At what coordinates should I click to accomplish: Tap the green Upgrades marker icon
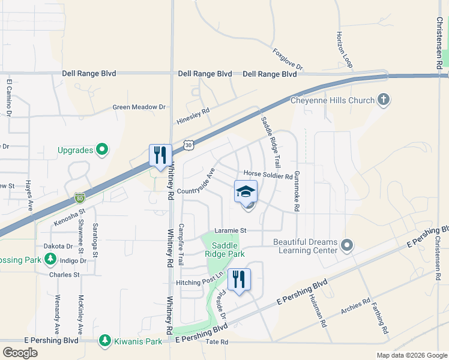102,149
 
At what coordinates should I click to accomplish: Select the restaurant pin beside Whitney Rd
160,155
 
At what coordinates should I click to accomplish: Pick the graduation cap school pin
246,191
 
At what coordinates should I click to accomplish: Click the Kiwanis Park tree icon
105,341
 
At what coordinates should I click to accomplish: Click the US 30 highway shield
189,145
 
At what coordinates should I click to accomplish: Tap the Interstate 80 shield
80,197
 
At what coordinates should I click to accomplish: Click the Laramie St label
231,230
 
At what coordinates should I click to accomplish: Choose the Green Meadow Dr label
139,107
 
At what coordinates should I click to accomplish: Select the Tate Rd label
217,342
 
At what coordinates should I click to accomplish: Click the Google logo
20,352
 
